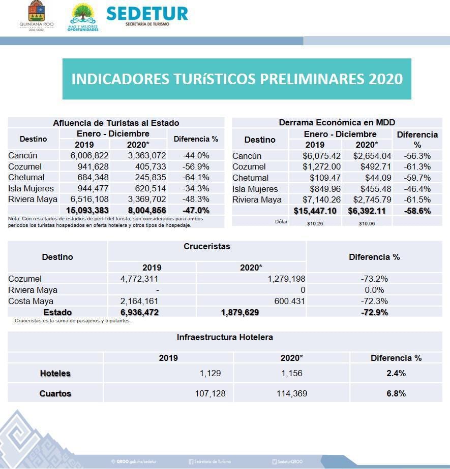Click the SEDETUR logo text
click(x=147, y=13)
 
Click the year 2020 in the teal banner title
click(x=385, y=79)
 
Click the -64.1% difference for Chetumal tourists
click(x=196, y=178)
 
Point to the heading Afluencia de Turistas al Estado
click(x=116, y=123)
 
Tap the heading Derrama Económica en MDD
click(x=337, y=123)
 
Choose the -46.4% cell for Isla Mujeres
click(x=417, y=189)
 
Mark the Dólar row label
click(x=281, y=222)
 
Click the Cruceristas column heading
click(x=206, y=247)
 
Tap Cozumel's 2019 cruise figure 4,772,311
click(x=141, y=279)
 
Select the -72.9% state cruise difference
click(x=375, y=313)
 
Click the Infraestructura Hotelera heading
click(x=225, y=338)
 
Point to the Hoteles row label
click(x=55, y=374)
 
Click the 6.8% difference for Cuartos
click(x=396, y=394)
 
